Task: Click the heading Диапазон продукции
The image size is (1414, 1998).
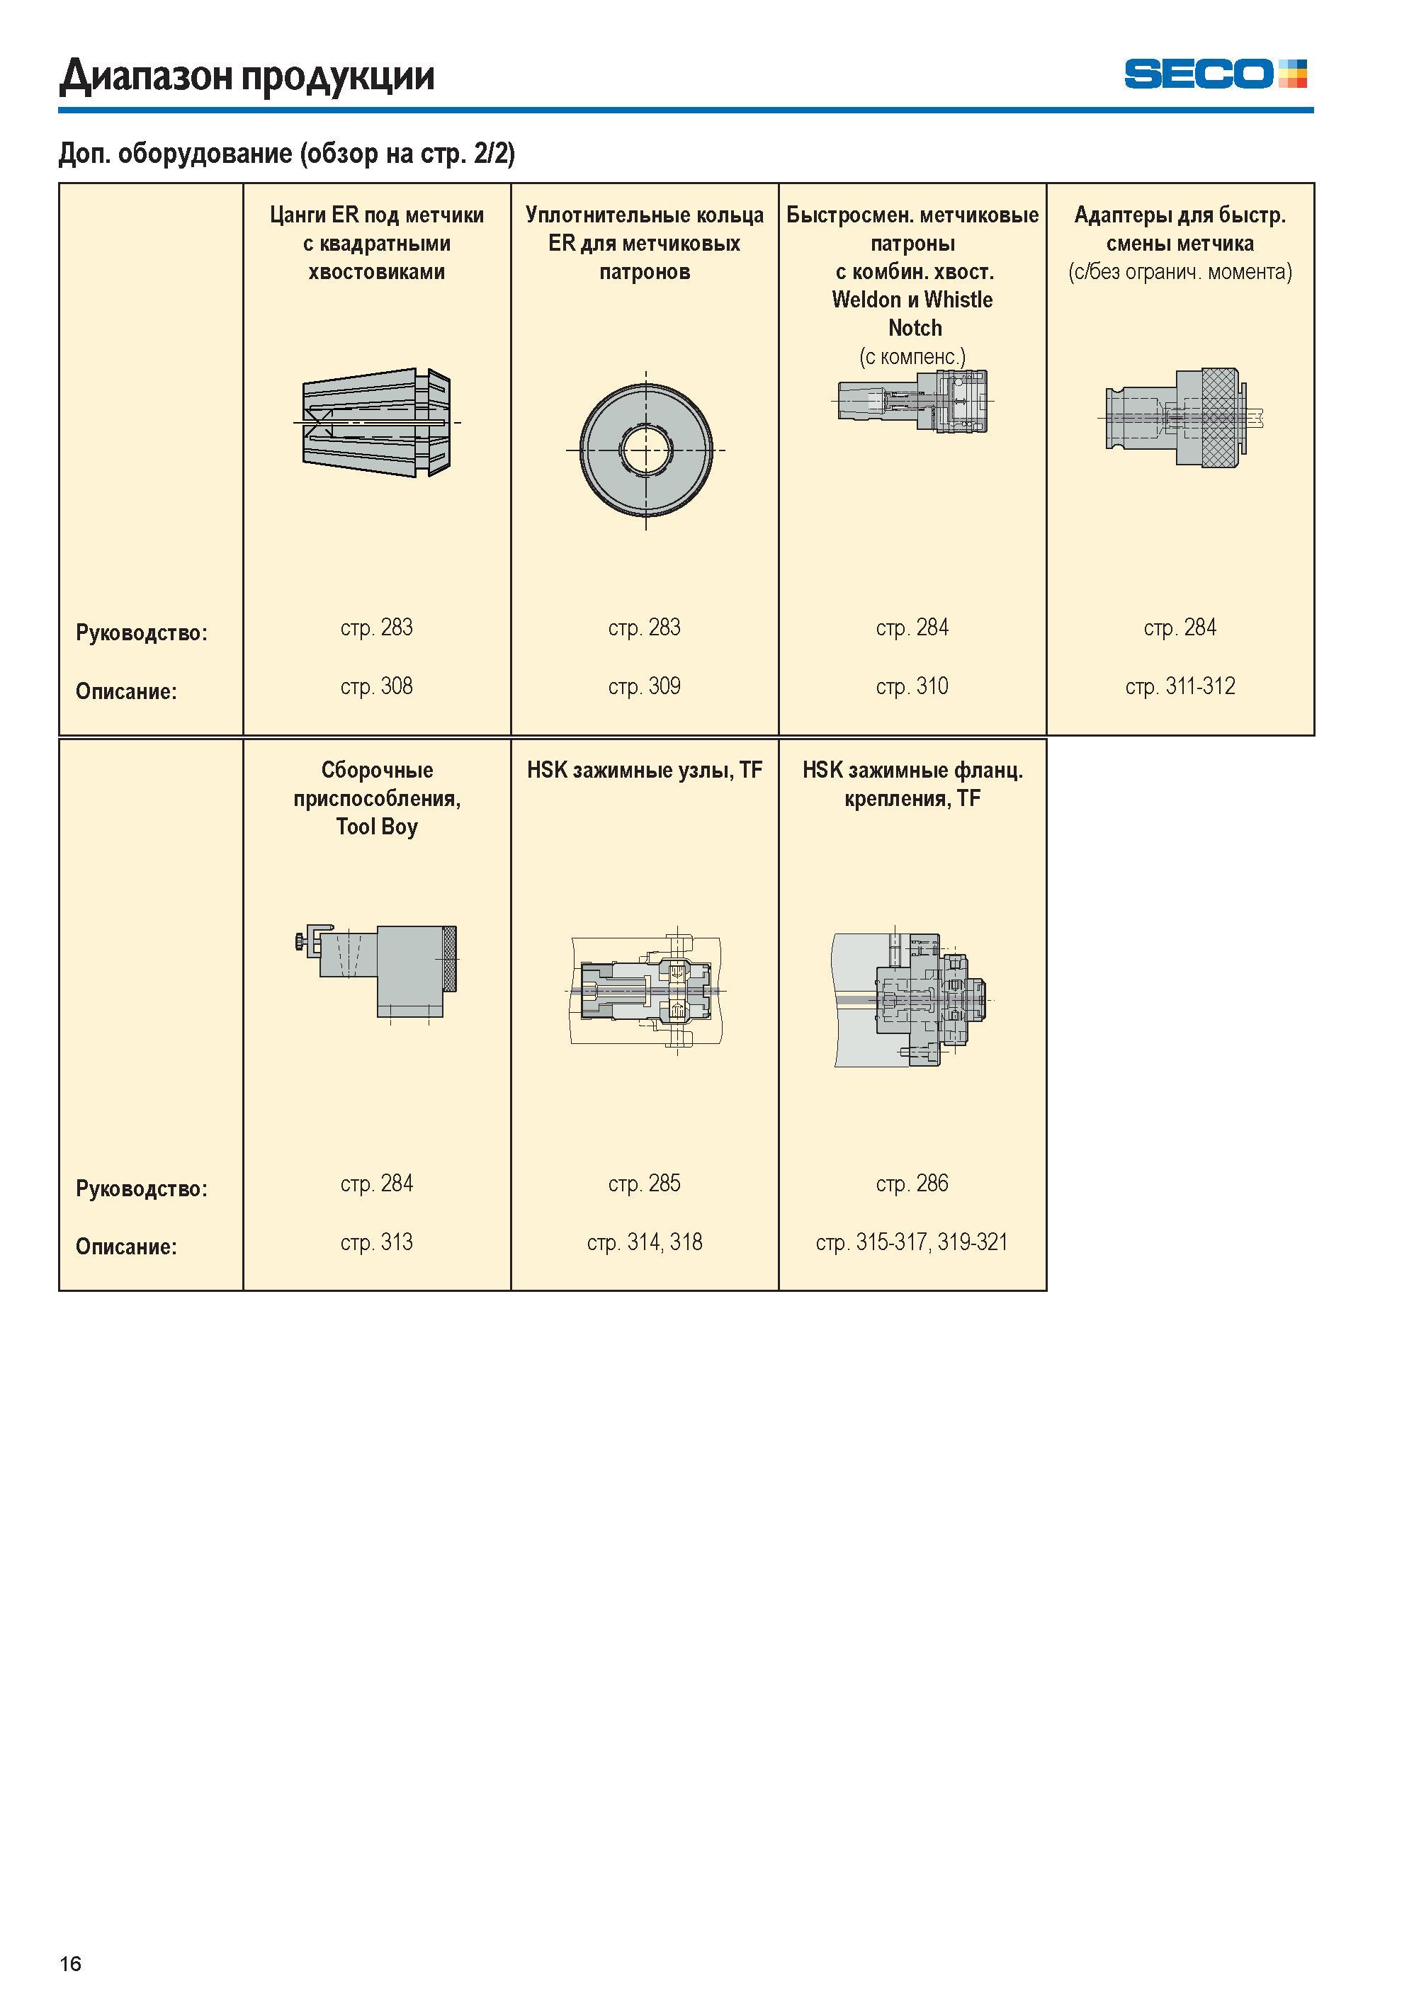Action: pos(247,76)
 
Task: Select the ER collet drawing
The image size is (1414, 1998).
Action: pos(376,422)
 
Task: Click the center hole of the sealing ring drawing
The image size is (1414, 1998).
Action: pos(645,450)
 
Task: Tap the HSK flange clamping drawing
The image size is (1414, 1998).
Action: pos(912,1000)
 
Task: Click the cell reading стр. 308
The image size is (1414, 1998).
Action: pos(376,687)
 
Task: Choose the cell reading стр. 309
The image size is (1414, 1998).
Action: pos(645,687)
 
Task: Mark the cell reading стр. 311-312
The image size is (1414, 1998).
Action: pos(1180,687)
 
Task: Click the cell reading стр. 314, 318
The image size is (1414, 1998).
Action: pos(645,1242)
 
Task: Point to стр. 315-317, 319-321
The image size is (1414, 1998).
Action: pos(912,1242)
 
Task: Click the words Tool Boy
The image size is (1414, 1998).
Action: pos(377,827)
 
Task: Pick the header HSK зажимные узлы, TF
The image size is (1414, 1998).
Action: pos(645,771)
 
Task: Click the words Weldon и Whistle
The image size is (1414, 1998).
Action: pos(912,300)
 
